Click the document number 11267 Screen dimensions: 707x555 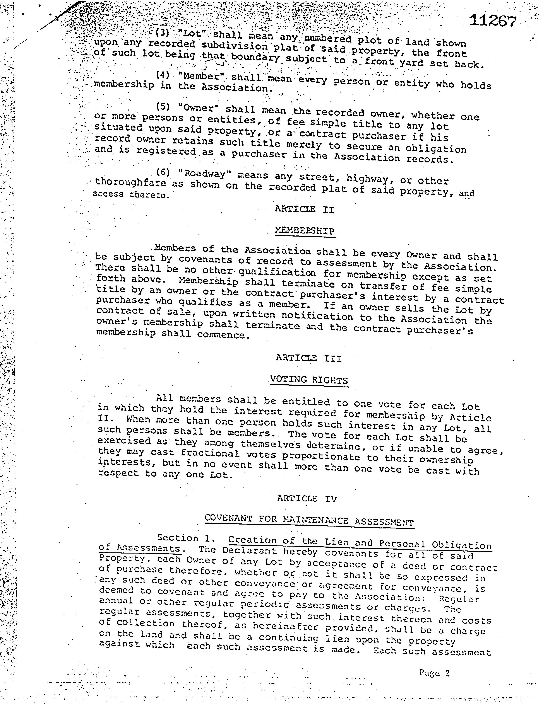pyautogui.click(x=493, y=21)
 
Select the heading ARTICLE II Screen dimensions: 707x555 pyautogui.click(x=305, y=210)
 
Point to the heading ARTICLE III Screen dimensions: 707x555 pyautogui.click(x=309, y=358)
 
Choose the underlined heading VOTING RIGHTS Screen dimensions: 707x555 pyautogui.click(x=309, y=380)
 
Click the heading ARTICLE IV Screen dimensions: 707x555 pyautogui.click(x=307, y=499)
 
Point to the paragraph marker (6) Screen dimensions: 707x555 pyautogui.click(x=163, y=172)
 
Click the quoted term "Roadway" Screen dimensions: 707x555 pyautogui.click(x=205, y=174)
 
